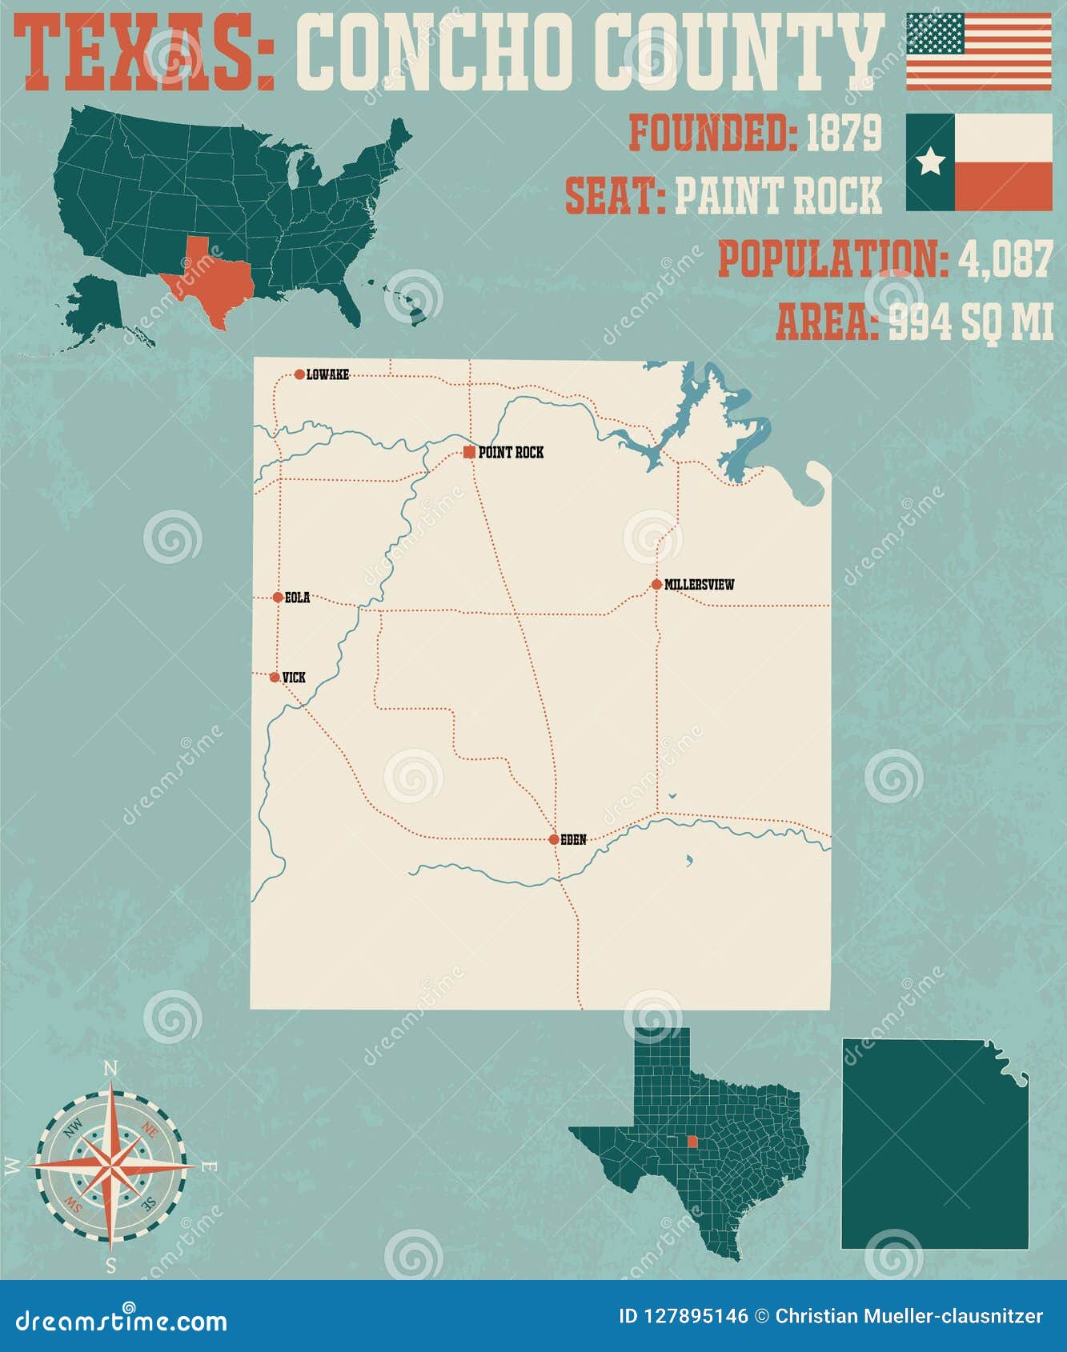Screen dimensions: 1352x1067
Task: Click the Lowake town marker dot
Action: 299,374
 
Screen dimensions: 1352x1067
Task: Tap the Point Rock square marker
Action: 469,453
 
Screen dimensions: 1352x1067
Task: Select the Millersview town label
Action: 699,585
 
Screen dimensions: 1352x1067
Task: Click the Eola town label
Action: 297,598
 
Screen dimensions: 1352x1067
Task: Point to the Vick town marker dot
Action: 275,678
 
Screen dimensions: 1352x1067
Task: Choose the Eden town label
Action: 573,839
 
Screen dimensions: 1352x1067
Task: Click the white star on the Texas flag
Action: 930,162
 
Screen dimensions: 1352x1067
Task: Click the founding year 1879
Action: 843,133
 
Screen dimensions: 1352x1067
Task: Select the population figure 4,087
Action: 1004,259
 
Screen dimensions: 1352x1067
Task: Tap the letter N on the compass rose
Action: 111,1069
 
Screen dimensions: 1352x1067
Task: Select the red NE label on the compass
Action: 149,1130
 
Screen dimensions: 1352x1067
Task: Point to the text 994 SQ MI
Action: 970,322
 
